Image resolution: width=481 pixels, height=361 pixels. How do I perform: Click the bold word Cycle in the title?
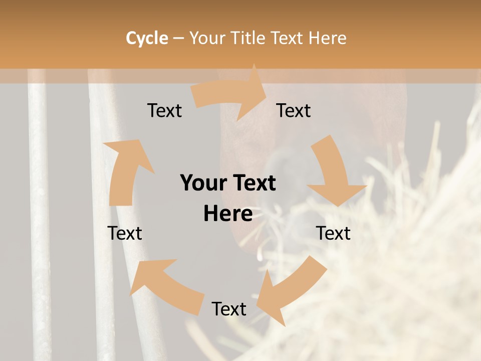click(147, 38)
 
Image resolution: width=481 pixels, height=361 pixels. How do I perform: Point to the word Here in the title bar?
click(327, 38)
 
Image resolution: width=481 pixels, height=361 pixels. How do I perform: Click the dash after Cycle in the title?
click(178, 39)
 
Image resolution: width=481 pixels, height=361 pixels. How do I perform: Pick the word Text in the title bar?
click(288, 38)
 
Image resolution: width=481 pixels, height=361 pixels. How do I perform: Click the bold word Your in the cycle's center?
click(203, 183)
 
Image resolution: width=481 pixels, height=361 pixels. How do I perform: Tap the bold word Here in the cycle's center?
click(228, 214)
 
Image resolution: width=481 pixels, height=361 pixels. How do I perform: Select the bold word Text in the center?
click(254, 183)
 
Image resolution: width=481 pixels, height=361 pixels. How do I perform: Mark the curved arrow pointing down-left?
click(290, 291)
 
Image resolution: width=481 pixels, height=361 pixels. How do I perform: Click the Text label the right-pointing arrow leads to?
click(294, 110)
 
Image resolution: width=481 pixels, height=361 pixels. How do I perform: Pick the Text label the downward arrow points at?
click(333, 233)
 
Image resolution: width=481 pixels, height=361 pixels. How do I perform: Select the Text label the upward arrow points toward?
click(164, 110)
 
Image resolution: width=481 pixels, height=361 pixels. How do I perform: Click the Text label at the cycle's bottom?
click(229, 309)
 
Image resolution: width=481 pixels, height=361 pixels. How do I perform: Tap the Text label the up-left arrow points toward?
click(125, 233)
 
